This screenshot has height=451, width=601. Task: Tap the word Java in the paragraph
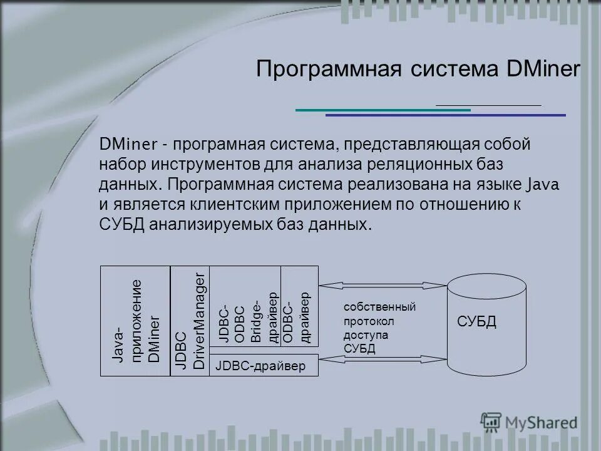tap(544, 185)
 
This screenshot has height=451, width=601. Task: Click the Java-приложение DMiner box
tap(135, 321)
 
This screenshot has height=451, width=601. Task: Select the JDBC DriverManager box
tap(190, 321)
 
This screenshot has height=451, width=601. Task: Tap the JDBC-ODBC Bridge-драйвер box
tap(245, 307)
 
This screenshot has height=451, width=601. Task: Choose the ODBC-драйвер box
tap(299, 307)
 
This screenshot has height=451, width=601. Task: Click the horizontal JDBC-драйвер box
tap(264, 366)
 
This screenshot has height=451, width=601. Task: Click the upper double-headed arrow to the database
tap(383, 286)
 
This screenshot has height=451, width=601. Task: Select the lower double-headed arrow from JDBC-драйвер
tap(383, 359)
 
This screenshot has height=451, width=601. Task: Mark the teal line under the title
tap(383, 110)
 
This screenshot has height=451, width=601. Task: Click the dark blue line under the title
tap(445, 115)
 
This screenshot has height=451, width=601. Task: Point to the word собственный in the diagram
tap(379, 307)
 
